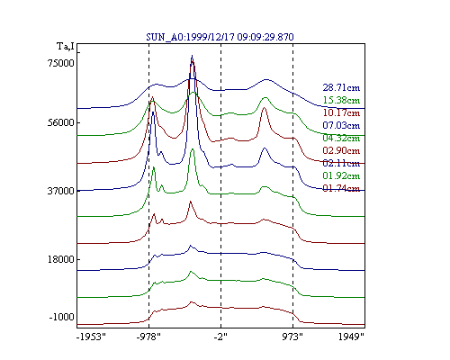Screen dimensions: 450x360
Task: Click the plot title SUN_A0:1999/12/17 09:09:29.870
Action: pyautogui.click(x=220, y=37)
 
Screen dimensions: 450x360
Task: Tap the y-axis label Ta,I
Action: pyautogui.click(x=66, y=47)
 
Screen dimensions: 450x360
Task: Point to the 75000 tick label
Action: pyautogui.click(x=61, y=63)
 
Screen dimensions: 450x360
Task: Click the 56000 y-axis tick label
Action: pyautogui.click(x=61, y=122)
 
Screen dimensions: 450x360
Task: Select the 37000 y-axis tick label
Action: pyautogui.click(x=61, y=191)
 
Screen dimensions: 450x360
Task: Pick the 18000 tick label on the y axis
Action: pyautogui.click(x=61, y=259)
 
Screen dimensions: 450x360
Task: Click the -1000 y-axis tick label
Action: pyautogui.click(x=61, y=317)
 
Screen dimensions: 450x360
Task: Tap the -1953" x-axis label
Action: pyautogui.click(x=91, y=337)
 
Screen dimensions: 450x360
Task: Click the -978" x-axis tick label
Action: pyautogui.click(x=148, y=337)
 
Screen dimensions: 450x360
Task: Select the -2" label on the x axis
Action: pyautogui.click(x=220, y=337)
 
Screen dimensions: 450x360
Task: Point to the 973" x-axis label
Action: pyautogui.click(x=292, y=337)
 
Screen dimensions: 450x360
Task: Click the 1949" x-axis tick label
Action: pyautogui.click(x=351, y=337)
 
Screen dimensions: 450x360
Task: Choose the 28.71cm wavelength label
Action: pyautogui.click(x=341, y=87)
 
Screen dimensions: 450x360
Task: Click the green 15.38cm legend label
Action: pyautogui.click(x=341, y=100)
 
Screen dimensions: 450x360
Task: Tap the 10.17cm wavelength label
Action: pyautogui.click(x=341, y=112)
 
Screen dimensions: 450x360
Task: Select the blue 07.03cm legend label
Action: pyautogui.click(x=341, y=125)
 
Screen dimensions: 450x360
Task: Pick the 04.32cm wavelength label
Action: pyautogui.click(x=341, y=138)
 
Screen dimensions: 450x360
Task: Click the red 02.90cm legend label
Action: pyautogui.click(x=341, y=150)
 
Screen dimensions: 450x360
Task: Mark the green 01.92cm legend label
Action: pyautogui.click(x=341, y=175)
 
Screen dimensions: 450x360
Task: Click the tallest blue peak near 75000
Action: pyautogui.click(x=192, y=56)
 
